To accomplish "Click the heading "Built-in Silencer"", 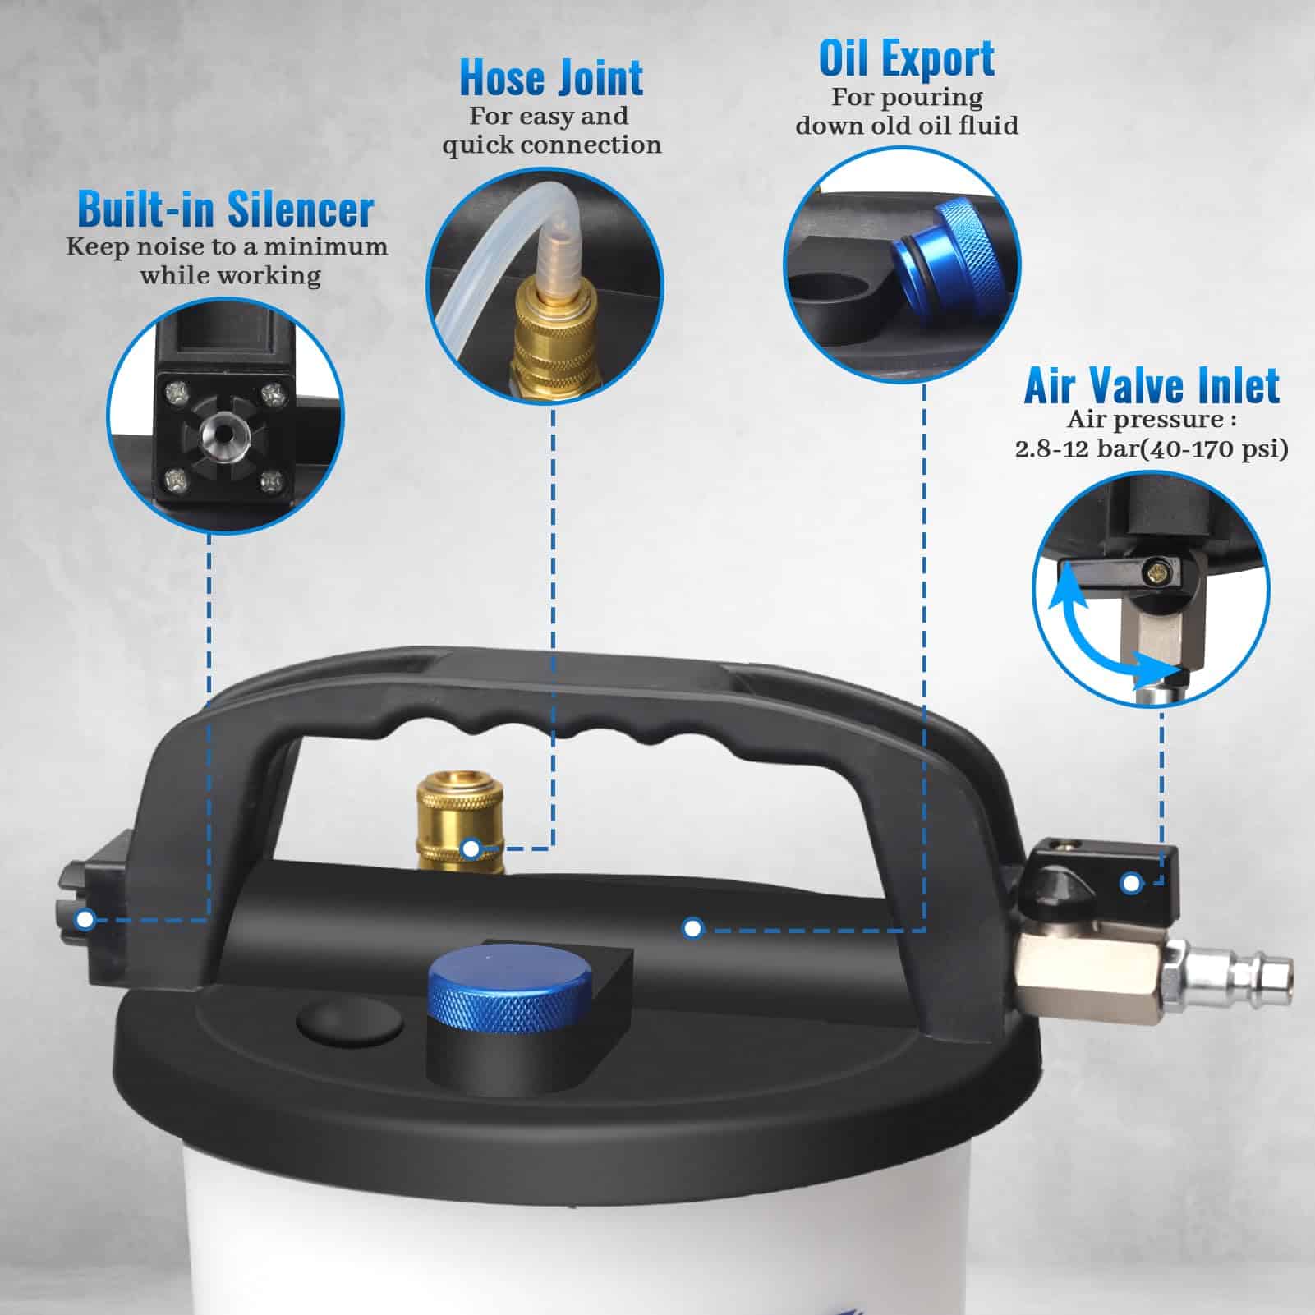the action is tap(226, 209).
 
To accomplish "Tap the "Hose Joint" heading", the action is tap(551, 77).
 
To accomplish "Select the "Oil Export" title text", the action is tap(907, 58).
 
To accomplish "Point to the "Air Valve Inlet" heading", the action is tap(1152, 385).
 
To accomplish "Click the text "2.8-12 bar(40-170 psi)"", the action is tap(1152, 449).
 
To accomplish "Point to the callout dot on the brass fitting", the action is tap(471, 848).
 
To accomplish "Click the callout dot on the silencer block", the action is tap(85, 920).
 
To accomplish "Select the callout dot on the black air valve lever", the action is tap(1131, 884).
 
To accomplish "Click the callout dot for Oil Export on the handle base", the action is tap(692, 928).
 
